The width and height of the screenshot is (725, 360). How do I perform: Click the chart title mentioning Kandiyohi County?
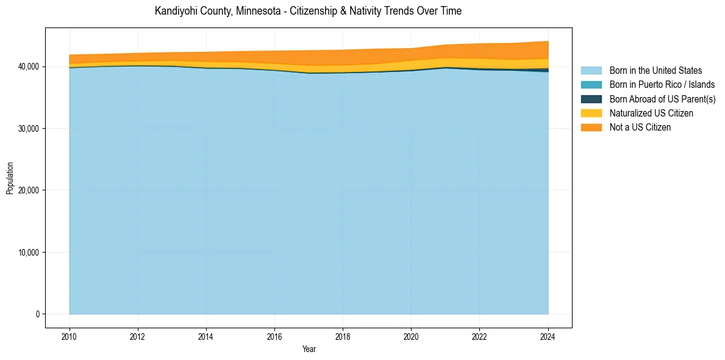coord(308,11)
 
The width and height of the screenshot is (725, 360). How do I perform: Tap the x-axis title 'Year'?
coord(309,349)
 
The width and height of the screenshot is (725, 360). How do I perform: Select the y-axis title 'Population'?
coord(10,178)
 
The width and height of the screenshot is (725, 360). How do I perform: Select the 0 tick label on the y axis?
coord(37,314)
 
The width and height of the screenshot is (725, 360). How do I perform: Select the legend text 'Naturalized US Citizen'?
coord(651,113)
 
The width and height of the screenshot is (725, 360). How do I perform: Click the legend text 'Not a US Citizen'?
coord(640,127)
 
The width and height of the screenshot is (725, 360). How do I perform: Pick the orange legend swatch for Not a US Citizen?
coord(591,127)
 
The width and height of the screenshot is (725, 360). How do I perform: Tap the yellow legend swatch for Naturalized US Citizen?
coord(591,113)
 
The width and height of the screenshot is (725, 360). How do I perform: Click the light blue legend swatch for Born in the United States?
coord(591,71)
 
